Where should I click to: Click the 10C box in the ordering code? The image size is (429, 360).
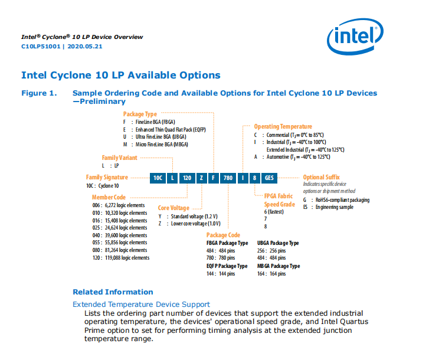158,177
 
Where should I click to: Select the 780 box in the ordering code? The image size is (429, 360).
230,177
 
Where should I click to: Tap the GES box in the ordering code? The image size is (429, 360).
269,177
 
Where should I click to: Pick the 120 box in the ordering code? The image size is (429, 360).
186,177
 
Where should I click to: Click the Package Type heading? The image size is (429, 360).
140,113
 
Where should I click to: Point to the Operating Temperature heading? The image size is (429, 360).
283,126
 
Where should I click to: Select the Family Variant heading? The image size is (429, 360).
120,158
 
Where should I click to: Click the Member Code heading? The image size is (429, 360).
109,197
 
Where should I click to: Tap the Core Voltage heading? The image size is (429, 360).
173,208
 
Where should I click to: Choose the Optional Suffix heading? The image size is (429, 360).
322,177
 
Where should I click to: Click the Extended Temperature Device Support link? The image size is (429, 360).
141,304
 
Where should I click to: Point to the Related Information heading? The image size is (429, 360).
113,292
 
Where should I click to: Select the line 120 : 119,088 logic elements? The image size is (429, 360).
120,258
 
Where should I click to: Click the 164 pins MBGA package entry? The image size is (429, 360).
271,274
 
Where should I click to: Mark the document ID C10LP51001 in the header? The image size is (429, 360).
41,46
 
